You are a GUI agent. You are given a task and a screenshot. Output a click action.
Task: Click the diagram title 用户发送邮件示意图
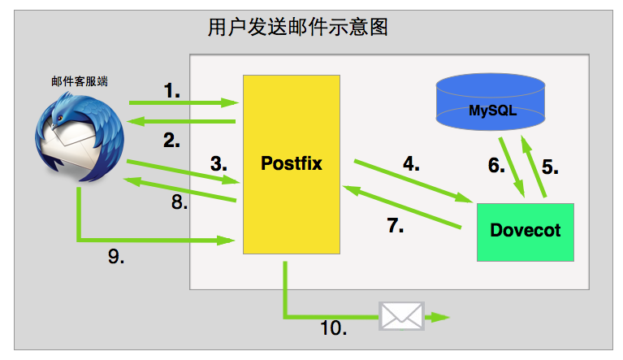coord(297,28)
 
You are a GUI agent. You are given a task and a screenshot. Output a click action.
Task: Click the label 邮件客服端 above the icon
coord(80,81)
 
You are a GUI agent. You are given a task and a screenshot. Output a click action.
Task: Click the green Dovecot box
coord(525,232)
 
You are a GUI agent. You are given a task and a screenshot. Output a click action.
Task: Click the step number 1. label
coord(171,91)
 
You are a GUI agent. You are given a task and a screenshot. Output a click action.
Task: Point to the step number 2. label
coord(171,140)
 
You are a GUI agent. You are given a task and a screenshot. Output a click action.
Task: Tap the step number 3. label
coord(218,163)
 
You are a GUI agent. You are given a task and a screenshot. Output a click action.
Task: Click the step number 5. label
coord(550,167)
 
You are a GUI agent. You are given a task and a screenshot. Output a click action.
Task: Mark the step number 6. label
coord(496,166)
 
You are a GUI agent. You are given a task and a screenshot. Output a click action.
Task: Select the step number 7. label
coord(395,225)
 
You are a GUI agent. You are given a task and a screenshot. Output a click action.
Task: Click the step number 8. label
coord(180,203)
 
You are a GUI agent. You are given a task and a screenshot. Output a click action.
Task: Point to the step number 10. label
coord(333,328)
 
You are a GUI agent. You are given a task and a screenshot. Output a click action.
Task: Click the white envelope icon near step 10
coord(401,315)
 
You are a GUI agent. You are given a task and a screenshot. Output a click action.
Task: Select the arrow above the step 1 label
coord(184,103)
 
